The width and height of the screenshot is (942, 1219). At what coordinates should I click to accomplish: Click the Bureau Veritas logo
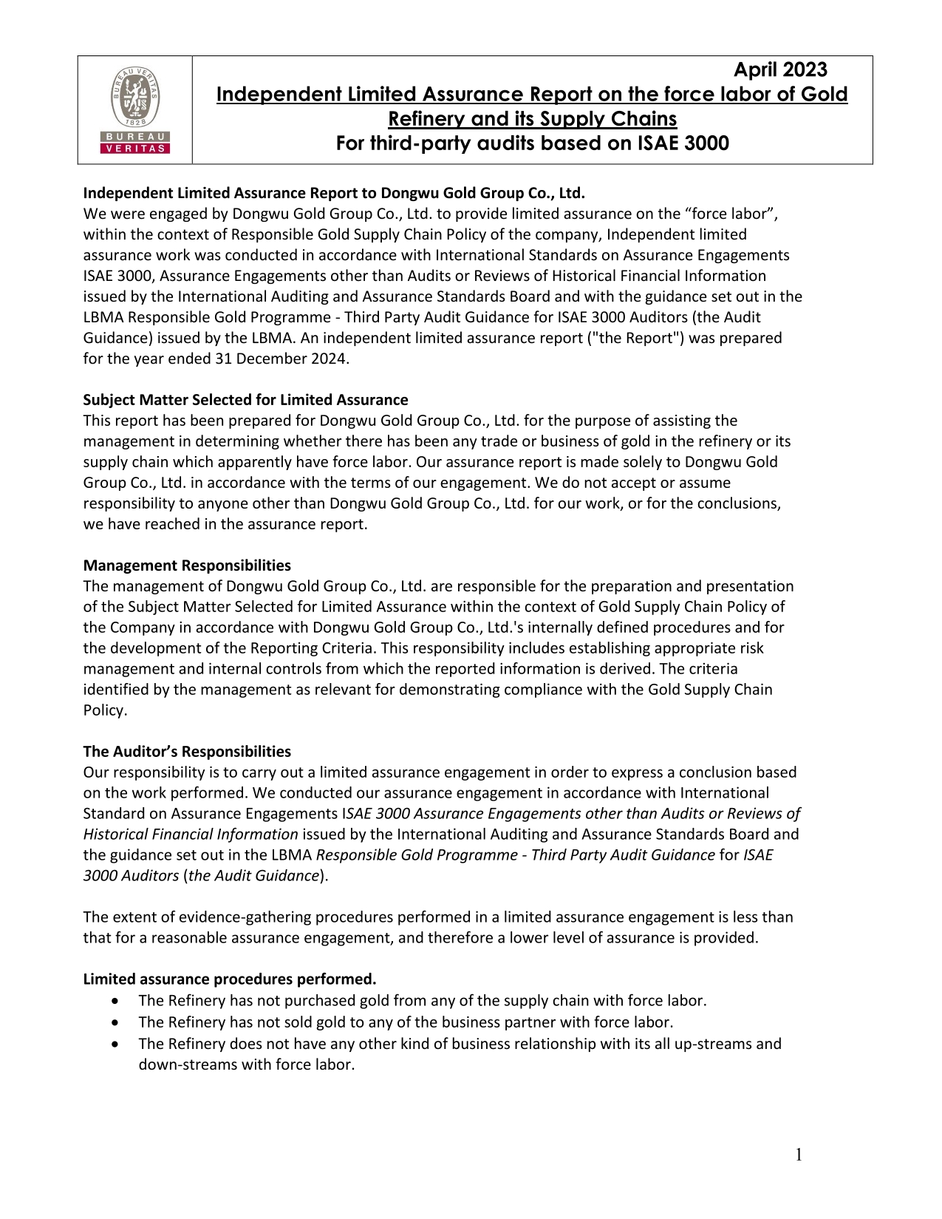[135, 109]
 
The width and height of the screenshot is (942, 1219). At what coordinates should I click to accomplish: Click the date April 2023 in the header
[779, 70]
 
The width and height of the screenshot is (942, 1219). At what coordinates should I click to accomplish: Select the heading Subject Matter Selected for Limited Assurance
[245, 400]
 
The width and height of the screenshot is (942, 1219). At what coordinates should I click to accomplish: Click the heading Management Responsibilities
[187, 566]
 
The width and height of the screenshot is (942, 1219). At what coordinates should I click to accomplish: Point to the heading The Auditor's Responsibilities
[187, 752]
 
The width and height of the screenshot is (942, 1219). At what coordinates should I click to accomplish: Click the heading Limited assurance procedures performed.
[230, 979]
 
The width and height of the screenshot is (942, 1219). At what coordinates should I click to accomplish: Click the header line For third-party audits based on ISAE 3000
[532, 143]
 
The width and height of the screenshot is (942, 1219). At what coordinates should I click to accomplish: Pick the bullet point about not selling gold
[406, 1022]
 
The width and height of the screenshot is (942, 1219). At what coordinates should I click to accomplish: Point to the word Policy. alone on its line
[105, 710]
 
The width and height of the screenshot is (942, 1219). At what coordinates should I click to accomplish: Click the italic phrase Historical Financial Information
[191, 835]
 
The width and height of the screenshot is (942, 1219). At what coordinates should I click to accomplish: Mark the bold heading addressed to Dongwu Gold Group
[334, 194]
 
